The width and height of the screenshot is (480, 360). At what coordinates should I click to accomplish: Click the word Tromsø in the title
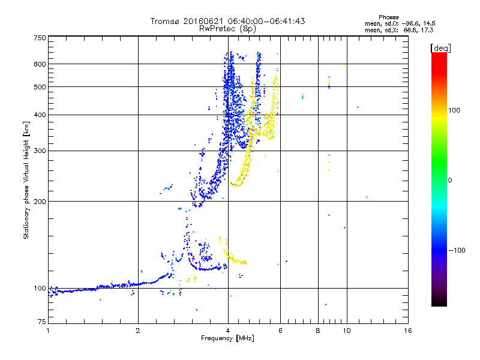coord(166,21)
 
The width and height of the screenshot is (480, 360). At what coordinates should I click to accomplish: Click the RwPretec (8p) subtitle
coord(227,29)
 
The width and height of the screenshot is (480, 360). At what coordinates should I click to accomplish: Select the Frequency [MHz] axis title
coord(227,338)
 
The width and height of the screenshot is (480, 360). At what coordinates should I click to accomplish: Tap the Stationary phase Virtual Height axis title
coord(26,181)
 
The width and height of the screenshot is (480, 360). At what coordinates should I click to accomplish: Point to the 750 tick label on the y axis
coord(40,38)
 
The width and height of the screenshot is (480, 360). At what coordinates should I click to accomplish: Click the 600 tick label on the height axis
coord(40,64)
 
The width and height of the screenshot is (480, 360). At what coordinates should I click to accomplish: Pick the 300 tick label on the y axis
coord(40,151)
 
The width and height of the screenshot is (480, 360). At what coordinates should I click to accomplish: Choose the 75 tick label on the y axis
coord(42,322)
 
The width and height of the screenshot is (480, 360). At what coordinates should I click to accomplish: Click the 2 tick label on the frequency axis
coord(138,331)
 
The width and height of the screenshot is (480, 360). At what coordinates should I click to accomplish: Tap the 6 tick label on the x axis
coord(280,331)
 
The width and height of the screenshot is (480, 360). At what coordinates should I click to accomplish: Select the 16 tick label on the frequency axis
coord(408,331)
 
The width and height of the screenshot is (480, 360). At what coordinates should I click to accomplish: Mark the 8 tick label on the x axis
coord(318,331)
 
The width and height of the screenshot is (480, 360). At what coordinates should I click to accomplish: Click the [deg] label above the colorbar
coord(440,48)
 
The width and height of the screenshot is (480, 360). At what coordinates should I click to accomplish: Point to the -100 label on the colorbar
coord(457,250)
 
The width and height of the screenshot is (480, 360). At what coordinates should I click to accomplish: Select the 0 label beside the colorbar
coord(450,180)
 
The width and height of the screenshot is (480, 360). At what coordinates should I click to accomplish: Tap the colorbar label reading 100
coord(454,110)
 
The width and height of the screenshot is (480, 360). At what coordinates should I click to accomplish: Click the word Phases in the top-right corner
coord(389,17)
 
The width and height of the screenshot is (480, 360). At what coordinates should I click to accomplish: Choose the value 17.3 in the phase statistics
coord(427,30)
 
